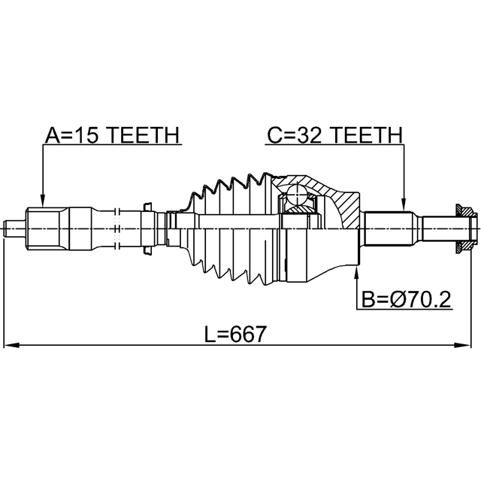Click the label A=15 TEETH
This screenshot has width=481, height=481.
112,135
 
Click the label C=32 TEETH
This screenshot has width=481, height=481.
334,135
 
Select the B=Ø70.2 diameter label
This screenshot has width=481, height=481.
407,300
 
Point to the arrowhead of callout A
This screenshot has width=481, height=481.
43,201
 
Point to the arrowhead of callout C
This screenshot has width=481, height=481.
404,205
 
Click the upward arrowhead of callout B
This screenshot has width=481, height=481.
356,273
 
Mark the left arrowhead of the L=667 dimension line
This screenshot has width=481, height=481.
12,346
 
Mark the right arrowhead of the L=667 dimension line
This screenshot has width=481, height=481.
463,346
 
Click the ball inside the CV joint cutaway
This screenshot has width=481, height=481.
298,195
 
